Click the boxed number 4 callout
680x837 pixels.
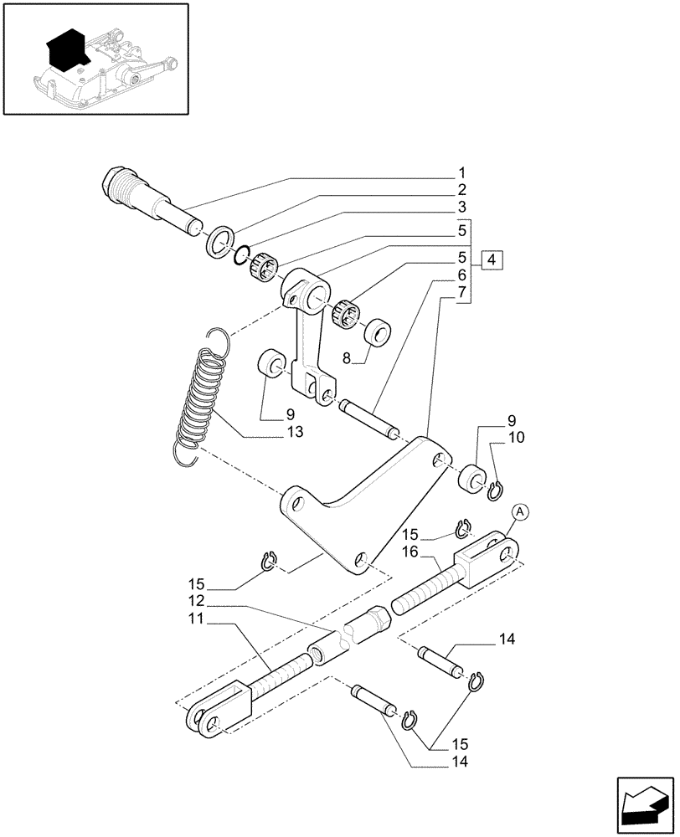tap(492, 259)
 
